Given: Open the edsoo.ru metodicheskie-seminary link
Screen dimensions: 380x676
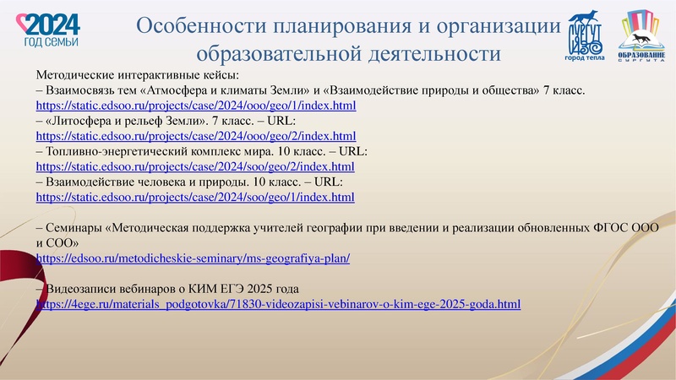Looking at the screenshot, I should (194, 258).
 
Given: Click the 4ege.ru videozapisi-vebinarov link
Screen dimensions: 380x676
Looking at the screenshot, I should (278, 303).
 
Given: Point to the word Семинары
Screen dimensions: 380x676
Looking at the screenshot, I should (74, 227).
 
